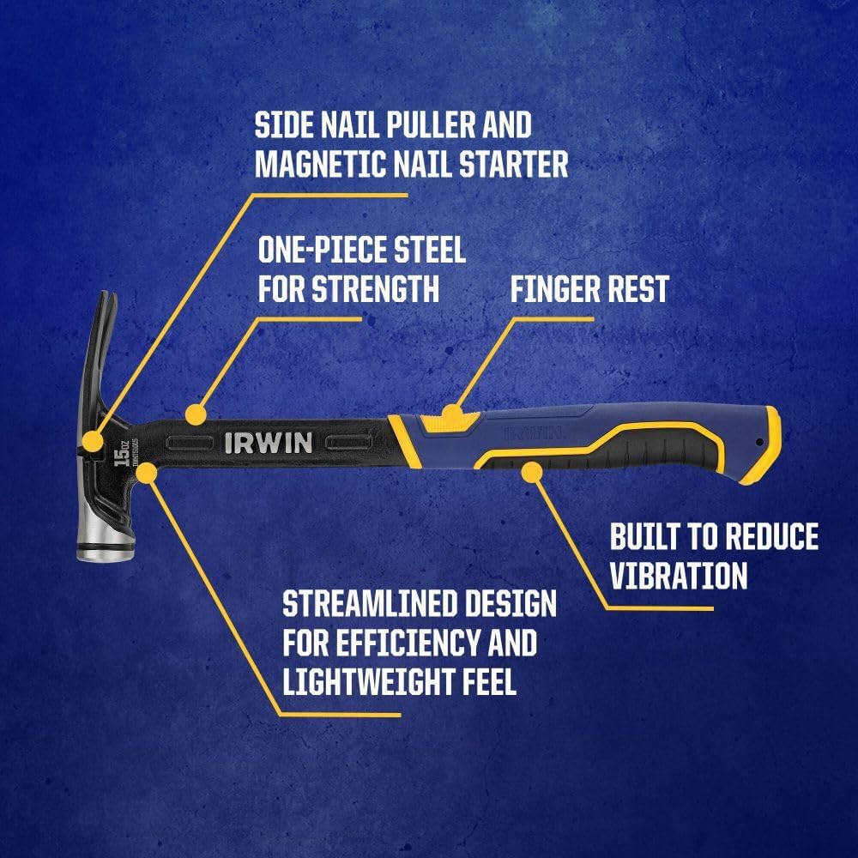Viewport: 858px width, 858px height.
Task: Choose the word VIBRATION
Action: pos(679,575)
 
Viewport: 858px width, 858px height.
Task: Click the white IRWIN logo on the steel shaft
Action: pos(269,443)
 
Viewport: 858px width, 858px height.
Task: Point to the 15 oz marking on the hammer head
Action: pos(122,454)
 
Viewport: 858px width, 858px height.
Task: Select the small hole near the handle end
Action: pos(759,443)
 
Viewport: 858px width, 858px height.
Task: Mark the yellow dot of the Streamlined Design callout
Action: pos(148,470)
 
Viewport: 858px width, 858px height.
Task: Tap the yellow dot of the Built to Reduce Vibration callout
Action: pos(532,468)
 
